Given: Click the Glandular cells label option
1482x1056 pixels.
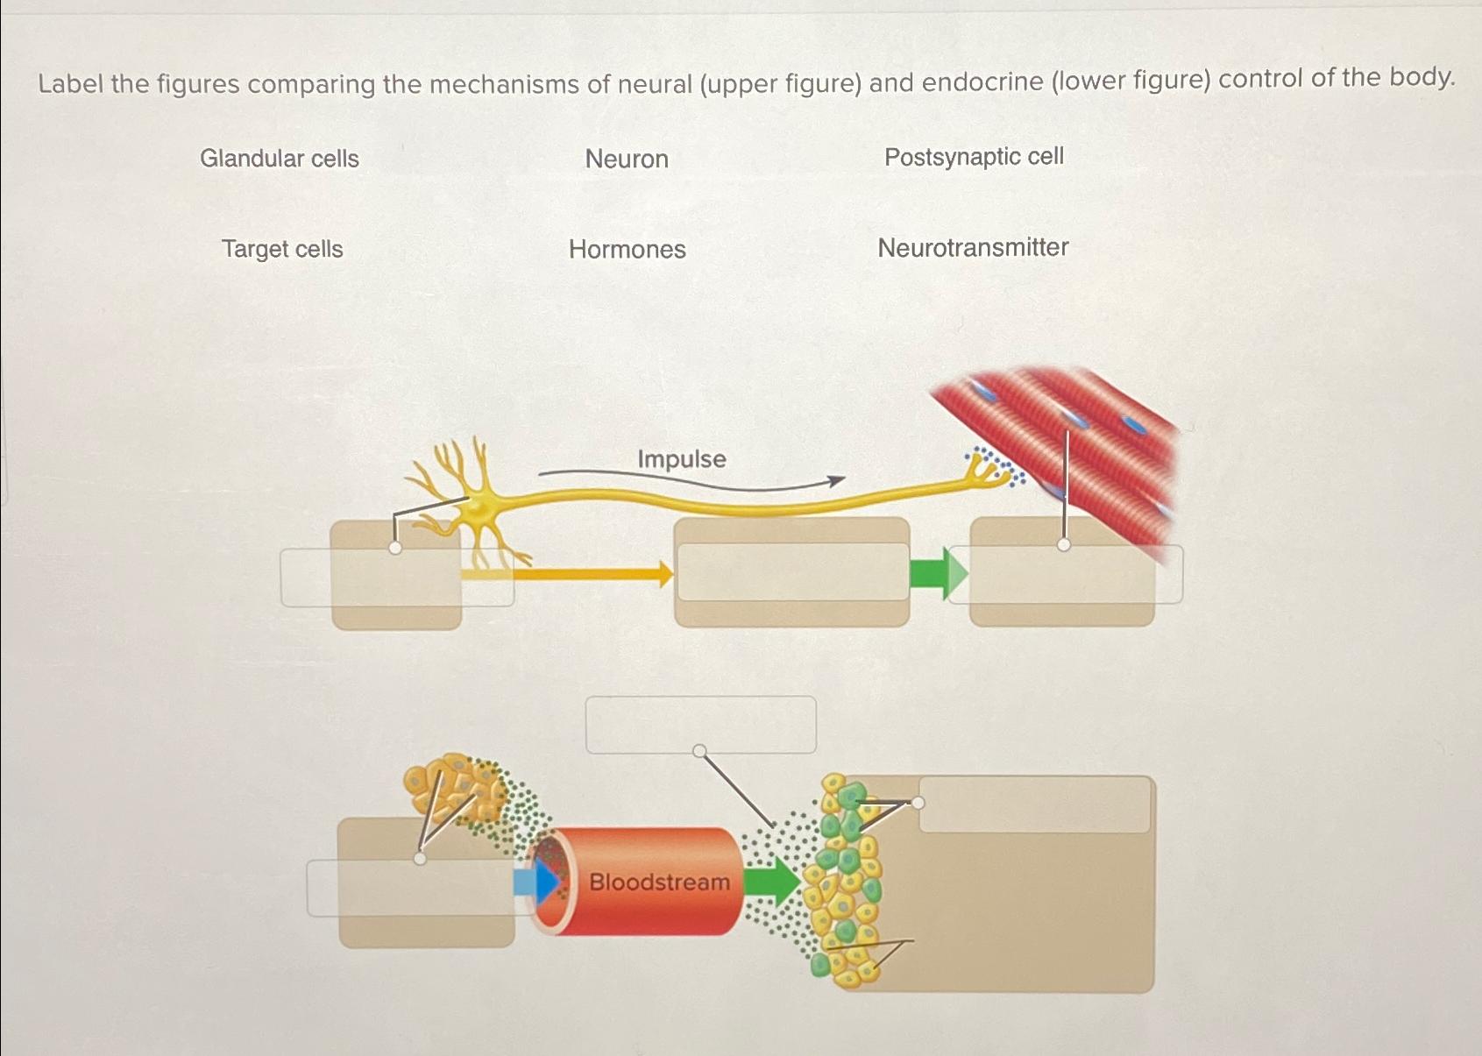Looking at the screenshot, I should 280,159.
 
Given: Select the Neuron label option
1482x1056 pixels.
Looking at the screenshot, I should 627,159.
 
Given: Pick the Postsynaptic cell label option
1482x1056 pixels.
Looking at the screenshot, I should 974,157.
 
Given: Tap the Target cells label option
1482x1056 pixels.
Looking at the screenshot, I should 282,250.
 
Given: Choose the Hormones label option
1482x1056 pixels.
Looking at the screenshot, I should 627,250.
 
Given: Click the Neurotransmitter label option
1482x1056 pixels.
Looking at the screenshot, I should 973,248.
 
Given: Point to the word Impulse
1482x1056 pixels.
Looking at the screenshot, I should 681,459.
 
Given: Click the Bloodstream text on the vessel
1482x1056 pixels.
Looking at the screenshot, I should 659,882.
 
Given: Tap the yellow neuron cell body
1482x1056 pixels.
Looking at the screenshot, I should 478,507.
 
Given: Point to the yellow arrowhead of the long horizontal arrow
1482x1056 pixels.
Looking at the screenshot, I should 665,575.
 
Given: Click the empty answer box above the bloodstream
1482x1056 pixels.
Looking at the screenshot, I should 700,725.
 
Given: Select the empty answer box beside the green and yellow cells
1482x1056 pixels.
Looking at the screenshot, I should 1034,804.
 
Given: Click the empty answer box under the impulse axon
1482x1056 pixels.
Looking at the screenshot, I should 792,572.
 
